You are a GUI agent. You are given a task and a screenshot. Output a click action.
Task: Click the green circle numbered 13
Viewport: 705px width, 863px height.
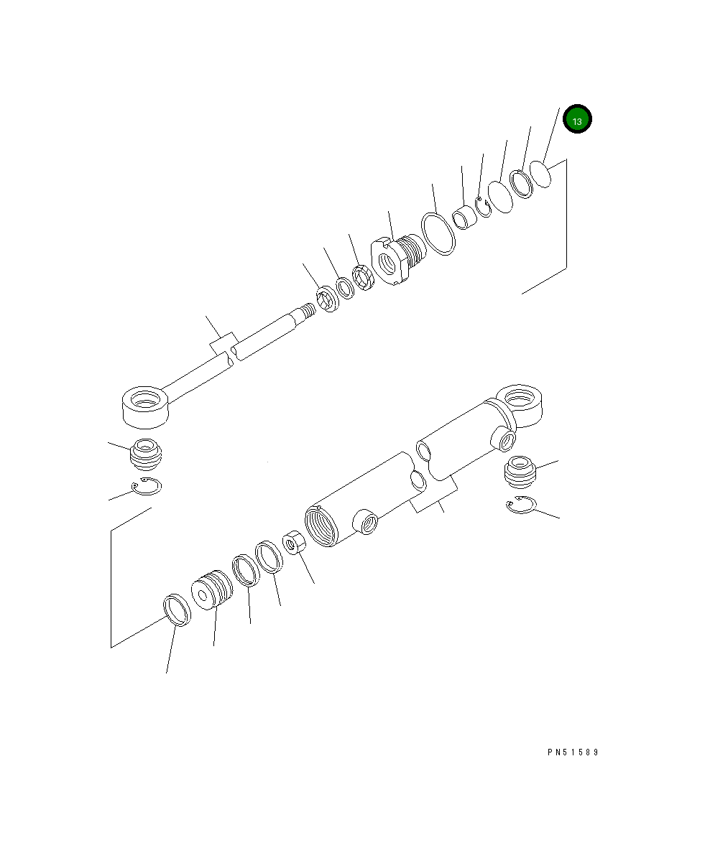[x=576, y=121]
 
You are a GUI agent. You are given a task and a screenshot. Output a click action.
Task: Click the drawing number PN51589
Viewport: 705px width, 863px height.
[x=572, y=752]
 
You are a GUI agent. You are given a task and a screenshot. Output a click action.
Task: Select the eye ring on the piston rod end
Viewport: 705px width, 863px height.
[x=146, y=404]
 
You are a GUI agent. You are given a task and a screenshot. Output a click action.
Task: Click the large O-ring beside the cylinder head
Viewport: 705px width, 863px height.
[x=438, y=233]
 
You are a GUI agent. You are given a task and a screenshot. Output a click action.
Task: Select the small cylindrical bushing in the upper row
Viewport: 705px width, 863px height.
[x=464, y=216]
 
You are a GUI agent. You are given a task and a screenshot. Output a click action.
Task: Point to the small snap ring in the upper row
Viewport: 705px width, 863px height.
[x=483, y=207]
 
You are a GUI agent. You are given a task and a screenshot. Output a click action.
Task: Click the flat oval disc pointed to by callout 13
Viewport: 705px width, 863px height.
[x=541, y=174]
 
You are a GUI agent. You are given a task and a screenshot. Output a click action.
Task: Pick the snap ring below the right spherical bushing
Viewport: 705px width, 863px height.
[x=520, y=505]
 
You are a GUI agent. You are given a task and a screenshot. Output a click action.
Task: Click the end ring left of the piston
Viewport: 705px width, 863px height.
[x=178, y=610]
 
